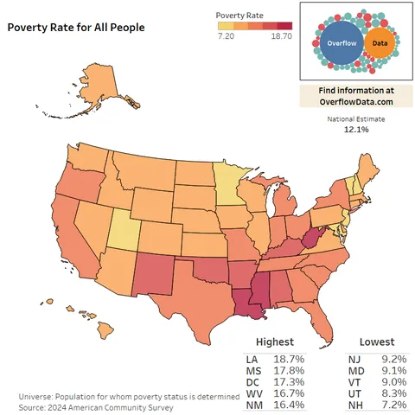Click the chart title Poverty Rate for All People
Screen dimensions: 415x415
pos(76,27)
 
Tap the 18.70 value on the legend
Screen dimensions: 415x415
pos(281,37)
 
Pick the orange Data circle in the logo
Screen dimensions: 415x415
pos(378,42)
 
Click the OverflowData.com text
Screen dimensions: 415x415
pos(356,102)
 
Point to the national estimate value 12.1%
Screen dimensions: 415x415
pos(356,129)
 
